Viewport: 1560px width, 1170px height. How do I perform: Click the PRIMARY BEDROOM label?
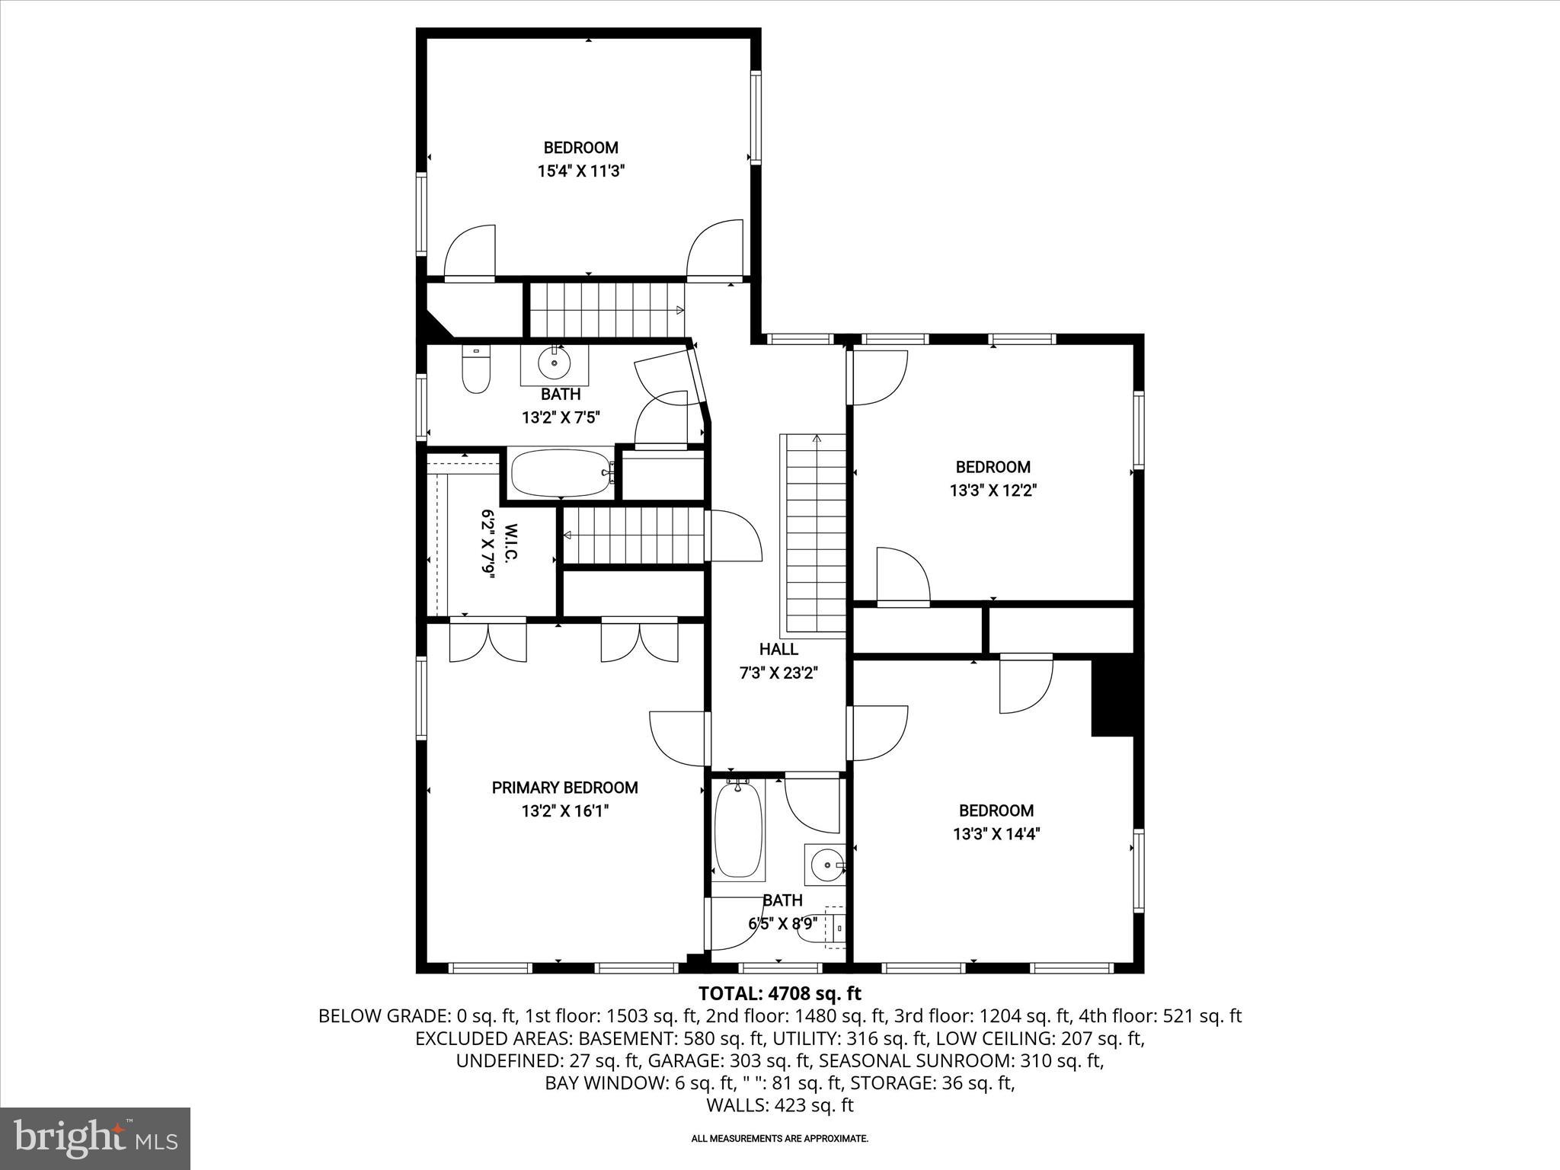pyautogui.click(x=564, y=788)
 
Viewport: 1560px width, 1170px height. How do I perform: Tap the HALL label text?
pyautogui.click(x=778, y=649)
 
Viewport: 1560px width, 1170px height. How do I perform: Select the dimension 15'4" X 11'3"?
pyautogui.click(x=581, y=171)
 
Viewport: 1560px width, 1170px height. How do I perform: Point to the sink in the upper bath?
pyautogui.click(x=554, y=365)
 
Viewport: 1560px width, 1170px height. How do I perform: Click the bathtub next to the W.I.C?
pyautogui.click(x=561, y=473)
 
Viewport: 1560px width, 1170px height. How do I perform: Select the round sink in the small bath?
pyautogui.click(x=825, y=865)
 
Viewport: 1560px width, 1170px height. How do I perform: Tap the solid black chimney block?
pyautogui.click(x=1112, y=698)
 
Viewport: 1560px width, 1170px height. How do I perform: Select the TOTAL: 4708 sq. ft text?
pyautogui.click(x=779, y=993)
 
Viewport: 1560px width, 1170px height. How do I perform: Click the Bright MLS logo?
pyautogui.click(x=95, y=1138)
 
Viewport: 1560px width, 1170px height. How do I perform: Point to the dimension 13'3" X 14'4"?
pyautogui.click(x=996, y=834)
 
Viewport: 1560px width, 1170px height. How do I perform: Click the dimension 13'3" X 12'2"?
pyautogui.click(x=993, y=491)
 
